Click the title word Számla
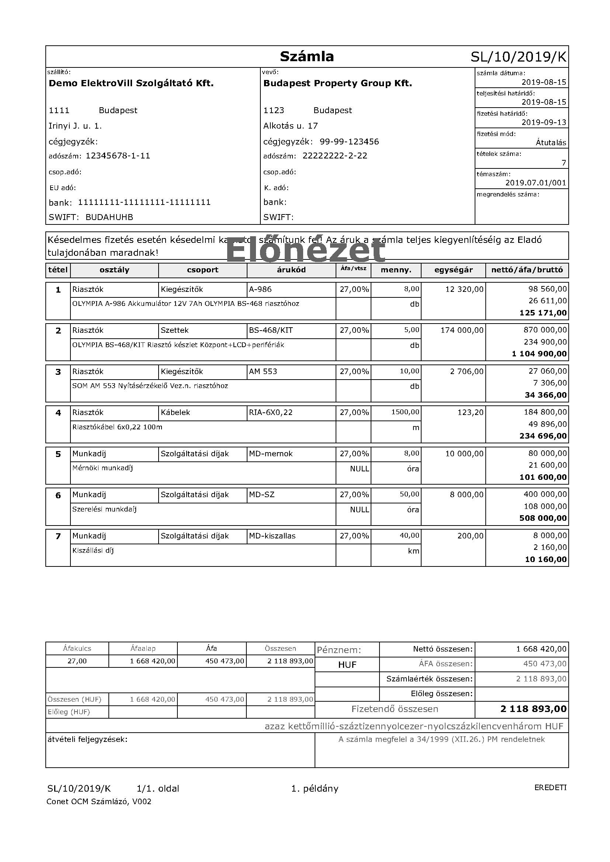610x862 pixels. (306, 57)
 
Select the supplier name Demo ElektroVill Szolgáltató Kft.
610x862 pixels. (131, 83)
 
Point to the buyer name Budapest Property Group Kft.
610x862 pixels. (337, 83)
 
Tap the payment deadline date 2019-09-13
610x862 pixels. (544, 122)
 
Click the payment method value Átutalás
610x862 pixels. (551, 143)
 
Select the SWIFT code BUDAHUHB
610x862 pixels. (109, 217)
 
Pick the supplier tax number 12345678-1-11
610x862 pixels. (118, 156)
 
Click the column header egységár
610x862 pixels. (453, 270)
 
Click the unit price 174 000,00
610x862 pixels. (462, 330)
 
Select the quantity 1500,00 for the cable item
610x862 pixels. (405, 412)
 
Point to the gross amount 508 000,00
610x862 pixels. (543, 519)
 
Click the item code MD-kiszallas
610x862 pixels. (272, 536)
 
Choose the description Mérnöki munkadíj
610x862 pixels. (103, 468)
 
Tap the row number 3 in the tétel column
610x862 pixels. (58, 372)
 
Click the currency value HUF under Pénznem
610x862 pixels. (347, 665)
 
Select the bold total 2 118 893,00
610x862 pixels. (533, 709)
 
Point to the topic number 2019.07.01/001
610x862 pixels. (535, 183)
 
